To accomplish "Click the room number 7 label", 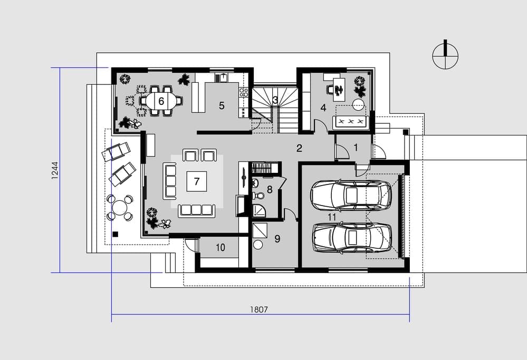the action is pos(197,181).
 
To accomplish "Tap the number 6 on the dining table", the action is pos(161,101).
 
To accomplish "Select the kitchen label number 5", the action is pos(222,105).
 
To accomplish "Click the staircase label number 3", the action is pos(275,100).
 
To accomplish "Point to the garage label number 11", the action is pos(332,217).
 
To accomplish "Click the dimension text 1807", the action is pos(259,309).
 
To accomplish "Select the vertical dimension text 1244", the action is pos(55,170).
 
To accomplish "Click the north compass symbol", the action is pos(445,55).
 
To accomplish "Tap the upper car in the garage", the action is pos(351,196).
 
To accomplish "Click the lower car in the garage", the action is pos(352,238).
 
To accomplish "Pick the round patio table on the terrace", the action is pos(119,208).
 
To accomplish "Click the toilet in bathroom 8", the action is pos(260,195).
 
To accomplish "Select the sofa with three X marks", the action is pos(351,121).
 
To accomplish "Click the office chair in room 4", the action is pos(331,90).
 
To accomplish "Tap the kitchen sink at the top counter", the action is pos(222,77).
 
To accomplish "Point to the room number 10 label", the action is pos(220,248).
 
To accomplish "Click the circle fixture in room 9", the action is pos(258,245).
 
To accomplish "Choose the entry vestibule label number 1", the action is pos(356,147).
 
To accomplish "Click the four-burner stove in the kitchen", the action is pos(243,92).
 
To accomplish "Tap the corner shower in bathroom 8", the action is pos(259,210).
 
